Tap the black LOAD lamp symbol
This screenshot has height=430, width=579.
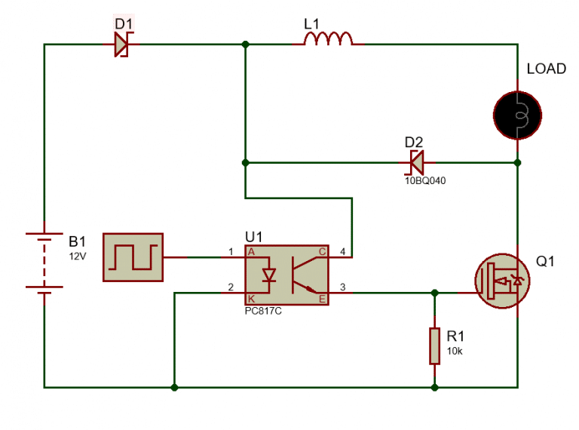coord(517,115)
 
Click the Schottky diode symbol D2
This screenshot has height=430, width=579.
coord(415,161)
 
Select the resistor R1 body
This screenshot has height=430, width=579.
coord(434,345)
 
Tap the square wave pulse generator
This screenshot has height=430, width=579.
coord(133,257)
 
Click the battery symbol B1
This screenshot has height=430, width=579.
coord(44,262)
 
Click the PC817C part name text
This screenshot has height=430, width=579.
coord(263,312)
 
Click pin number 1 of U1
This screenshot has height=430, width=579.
coord(231,250)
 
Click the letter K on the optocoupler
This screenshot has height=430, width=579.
coord(252,299)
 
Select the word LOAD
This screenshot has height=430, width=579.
coord(546,69)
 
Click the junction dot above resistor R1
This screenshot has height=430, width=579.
coord(434,292)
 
